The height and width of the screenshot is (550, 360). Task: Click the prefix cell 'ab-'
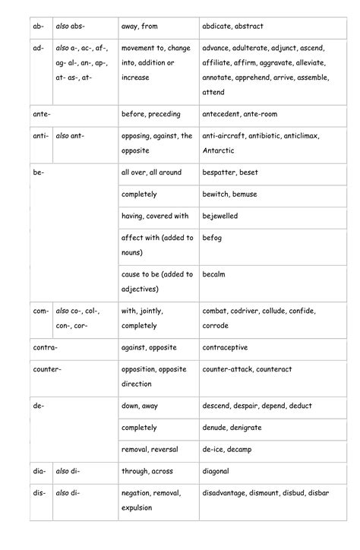pos(39,27)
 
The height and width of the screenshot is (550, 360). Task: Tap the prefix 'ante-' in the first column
pos(43,114)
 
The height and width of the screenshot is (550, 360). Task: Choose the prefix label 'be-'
pos(39,172)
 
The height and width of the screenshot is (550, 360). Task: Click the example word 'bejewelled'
pos(220,216)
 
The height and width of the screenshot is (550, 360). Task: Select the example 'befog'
pos(212,238)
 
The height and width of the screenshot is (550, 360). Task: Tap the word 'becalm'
pos(214,273)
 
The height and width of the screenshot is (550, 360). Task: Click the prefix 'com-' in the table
pos(41,311)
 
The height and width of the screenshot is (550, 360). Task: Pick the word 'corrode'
pos(216,325)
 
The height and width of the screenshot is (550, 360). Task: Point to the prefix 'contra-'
pos(46,347)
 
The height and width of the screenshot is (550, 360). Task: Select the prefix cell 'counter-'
pos(47,369)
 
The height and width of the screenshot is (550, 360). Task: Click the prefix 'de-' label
pos(39,406)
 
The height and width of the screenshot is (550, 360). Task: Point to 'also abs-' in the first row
pos(70,27)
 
